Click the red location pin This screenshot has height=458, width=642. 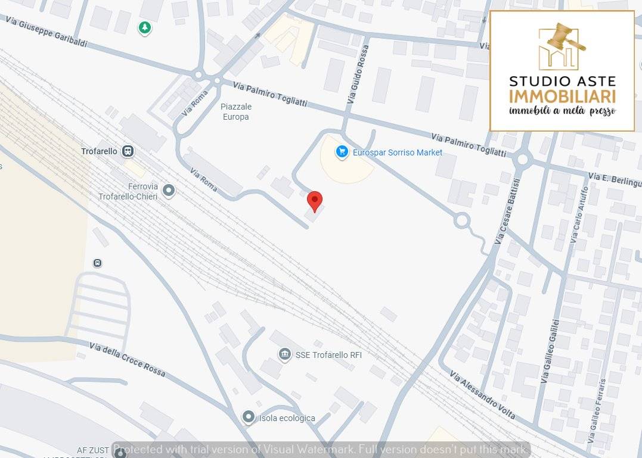315,201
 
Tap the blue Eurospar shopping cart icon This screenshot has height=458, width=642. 342,152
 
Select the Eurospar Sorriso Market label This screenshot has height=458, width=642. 397,152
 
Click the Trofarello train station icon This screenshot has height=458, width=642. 128,151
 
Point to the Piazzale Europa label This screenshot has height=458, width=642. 236,111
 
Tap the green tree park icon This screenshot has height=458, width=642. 144,27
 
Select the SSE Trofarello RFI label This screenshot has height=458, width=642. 328,355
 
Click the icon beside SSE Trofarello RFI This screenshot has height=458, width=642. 285,354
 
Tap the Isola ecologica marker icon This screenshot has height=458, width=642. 248,418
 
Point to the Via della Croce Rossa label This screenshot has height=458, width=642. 127,359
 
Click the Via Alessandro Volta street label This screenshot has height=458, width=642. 482,396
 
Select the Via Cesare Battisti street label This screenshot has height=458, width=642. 508,208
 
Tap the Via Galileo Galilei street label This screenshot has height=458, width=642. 550,351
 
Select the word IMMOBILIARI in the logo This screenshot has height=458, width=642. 562,96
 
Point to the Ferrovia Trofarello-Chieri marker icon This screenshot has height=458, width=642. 169,191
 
